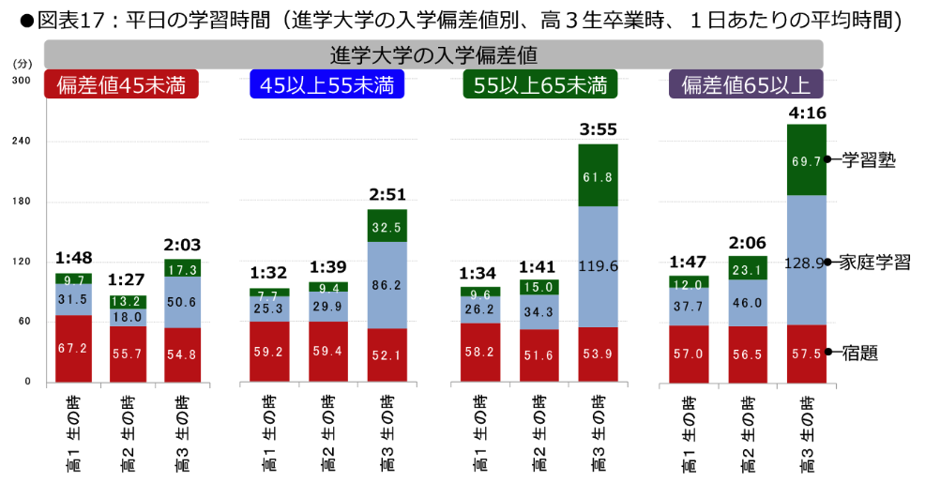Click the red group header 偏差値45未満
pyautogui.click(x=121, y=85)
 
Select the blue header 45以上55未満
pyautogui.click(x=326, y=85)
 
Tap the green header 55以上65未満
pyautogui.click(x=540, y=85)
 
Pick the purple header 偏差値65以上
pyautogui.click(x=747, y=85)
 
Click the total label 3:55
pyautogui.click(x=598, y=131)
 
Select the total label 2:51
pyautogui.click(x=387, y=196)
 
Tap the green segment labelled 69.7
pyautogui.click(x=807, y=160)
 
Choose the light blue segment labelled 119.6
pyautogui.click(x=598, y=266)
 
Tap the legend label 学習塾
pyautogui.click(x=869, y=160)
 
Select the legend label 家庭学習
pyautogui.click(x=874, y=263)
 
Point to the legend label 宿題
pyautogui.click(x=859, y=354)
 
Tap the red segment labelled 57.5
pyautogui.click(x=807, y=354)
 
